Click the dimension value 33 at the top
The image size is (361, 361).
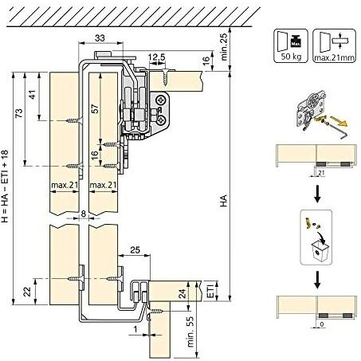click(100, 38)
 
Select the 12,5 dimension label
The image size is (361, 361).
click(157, 57)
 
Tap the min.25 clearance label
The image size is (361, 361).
click(224, 47)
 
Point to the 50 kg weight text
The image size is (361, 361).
click(291, 57)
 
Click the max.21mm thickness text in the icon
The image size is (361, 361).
click(334, 57)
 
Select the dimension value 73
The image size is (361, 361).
click(19, 114)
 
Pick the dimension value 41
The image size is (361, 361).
click(32, 95)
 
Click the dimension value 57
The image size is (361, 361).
click(95, 109)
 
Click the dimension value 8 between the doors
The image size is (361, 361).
click(84, 214)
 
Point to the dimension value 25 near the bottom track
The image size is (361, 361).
click(135, 250)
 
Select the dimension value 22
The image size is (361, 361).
click(28, 292)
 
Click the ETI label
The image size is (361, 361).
click(210, 291)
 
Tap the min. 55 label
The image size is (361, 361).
click(191, 332)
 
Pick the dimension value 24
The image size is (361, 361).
click(182, 294)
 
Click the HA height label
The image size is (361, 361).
click(224, 201)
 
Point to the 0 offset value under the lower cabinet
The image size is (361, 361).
click(322, 324)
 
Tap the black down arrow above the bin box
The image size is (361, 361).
click(317, 196)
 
